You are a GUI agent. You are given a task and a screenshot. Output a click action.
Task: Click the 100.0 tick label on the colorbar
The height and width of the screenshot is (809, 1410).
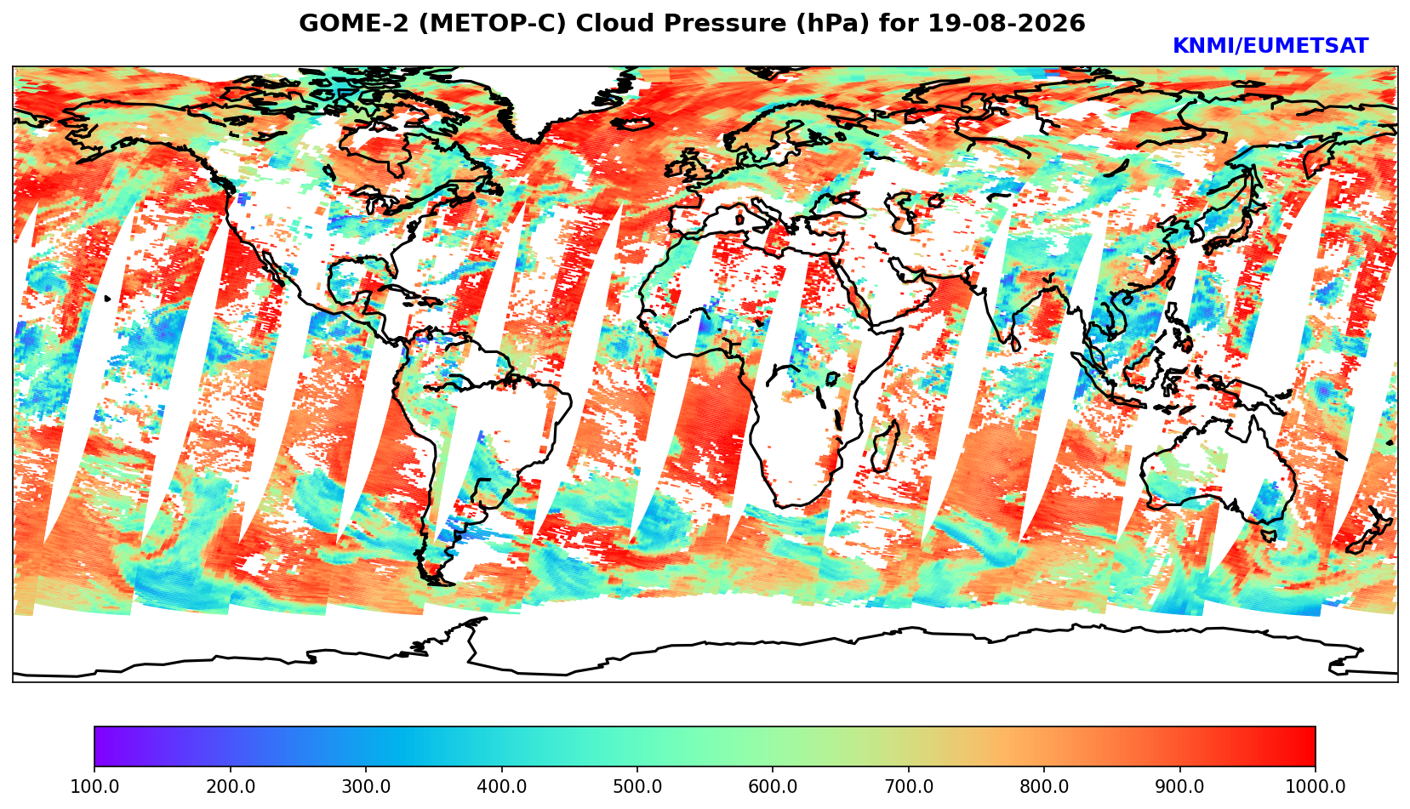tap(94, 786)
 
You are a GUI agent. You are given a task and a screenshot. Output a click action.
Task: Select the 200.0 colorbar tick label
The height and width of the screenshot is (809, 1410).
tap(231, 786)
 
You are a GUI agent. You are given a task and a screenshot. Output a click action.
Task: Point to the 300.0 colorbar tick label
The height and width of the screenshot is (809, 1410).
tap(366, 786)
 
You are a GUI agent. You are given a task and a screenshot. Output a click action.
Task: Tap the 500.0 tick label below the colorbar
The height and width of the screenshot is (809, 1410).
tap(637, 786)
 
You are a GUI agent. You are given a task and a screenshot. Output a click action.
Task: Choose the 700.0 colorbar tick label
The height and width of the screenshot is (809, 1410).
tap(908, 786)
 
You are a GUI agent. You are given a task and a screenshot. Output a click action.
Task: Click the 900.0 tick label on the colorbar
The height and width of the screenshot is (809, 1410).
tap(1179, 786)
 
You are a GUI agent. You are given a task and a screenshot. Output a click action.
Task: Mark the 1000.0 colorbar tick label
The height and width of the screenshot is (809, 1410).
tap(1315, 786)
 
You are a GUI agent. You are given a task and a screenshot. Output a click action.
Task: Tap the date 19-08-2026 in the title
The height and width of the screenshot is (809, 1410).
tap(1006, 23)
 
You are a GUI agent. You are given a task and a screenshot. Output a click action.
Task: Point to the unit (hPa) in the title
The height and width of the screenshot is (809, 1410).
tap(833, 24)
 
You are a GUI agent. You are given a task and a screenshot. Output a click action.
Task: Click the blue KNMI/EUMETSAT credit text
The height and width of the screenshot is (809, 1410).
tap(1270, 46)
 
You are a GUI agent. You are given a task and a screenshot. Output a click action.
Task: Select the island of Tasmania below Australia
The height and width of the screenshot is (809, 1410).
tap(1269, 535)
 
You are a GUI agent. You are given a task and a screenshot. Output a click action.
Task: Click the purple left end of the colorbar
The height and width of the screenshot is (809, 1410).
tap(96, 746)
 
